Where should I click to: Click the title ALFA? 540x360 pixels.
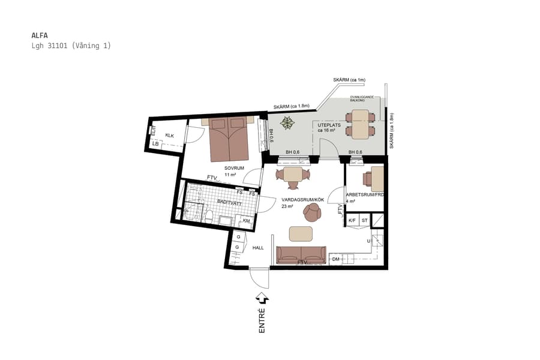(x=39, y=35)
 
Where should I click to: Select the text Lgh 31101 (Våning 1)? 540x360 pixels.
(x=71, y=46)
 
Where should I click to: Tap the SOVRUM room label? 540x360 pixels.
(x=234, y=168)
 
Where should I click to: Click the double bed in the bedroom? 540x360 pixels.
(x=229, y=139)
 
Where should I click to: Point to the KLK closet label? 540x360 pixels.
(x=169, y=135)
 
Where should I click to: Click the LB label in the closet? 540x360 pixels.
(x=155, y=144)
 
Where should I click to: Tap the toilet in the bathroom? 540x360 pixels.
(x=209, y=216)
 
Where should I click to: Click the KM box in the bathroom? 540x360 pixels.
(x=246, y=221)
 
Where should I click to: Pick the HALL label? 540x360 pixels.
(x=258, y=247)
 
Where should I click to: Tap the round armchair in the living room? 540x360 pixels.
(x=312, y=211)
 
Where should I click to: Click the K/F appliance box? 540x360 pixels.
(x=352, y=220)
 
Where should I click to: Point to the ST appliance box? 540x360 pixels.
(x=364, y=220)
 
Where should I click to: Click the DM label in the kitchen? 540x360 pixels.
(x=336, y=259)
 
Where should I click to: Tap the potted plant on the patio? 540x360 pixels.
(x=289, y=124)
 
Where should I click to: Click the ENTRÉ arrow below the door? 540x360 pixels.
(x=262, y=298)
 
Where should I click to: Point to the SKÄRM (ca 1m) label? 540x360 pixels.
(x=349, y=80)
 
